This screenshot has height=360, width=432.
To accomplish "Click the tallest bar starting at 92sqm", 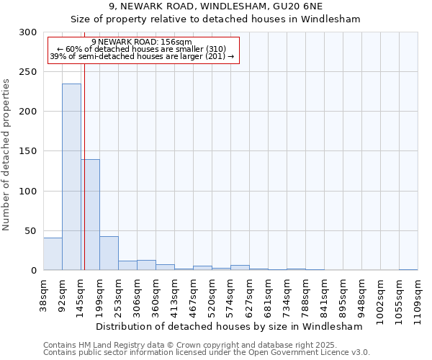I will pos(71,176).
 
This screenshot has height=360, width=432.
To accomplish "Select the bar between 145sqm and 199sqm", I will pos(90,215).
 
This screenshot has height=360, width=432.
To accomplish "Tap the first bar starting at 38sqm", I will pos(53,253).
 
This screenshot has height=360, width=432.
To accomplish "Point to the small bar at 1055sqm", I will pos(408,269).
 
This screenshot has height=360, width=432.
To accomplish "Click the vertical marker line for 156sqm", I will pos(84,166).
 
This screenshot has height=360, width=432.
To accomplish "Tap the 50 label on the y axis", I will pos(31,230).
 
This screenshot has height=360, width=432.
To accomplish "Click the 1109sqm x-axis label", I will pos(418,296).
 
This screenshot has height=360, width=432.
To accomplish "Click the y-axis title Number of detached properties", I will pos(7,155).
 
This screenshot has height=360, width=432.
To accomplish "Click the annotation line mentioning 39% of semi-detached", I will pos(142,56).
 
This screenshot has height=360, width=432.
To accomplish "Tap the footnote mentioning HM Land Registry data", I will pos(206,345).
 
